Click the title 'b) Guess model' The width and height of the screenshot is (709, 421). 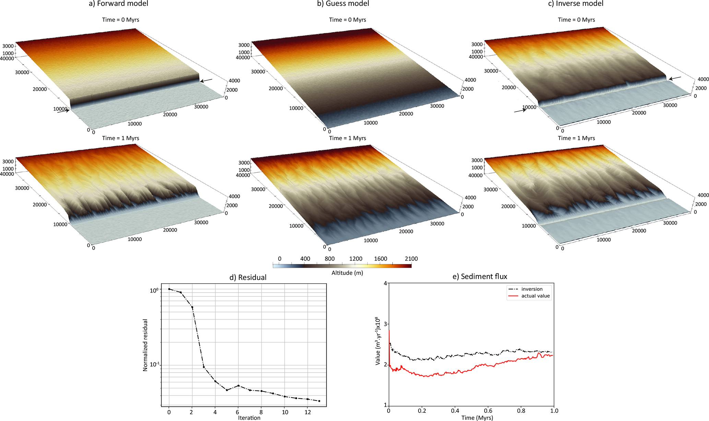click(x=347, y=4)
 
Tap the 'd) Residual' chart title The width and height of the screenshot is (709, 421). click(x=248, y=277)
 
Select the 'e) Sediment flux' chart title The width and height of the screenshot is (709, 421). click(x=480, y=276)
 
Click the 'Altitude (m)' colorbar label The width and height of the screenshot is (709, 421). click(x=347, y=273)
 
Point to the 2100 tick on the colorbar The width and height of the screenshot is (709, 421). click(x=411, y=259)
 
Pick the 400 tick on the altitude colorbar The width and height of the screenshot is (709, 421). click(x=305, y=259)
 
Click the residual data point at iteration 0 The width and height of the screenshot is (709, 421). click(x=169, y=289)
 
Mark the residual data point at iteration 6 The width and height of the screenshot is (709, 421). click(x=238, y=386)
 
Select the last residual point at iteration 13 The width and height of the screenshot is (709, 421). click(x=319, y=401)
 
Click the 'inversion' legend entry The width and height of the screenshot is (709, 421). click(x=532, y=289)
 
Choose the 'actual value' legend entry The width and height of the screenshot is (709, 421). click(x=535, y=296)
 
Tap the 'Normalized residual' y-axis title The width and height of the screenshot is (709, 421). click(x=145, y=345)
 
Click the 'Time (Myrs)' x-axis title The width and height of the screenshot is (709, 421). click(x=477, y=418)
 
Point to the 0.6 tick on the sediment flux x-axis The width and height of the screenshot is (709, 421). click(x=488, y=411)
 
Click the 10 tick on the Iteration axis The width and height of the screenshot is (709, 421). click(x=285, y=412)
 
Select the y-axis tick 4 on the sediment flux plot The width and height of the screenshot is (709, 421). click(x=385, y=283)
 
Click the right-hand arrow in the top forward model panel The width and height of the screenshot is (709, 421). click(x=206, y=81)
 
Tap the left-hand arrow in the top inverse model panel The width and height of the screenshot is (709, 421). click(x=520, y=111)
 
